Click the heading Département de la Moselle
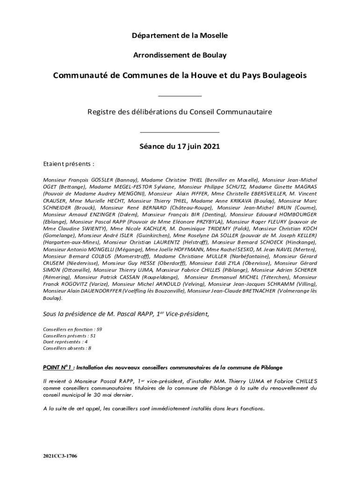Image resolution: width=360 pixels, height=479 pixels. click(180, 35)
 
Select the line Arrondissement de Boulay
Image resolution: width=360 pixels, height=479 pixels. click(180, 55)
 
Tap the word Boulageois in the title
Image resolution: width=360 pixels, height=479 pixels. click(285, 76)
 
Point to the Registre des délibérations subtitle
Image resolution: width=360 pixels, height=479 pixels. click(180, 112)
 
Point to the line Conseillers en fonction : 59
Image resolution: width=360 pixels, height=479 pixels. click(72, 329)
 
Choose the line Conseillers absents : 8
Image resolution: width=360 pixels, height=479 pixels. click(67, 348)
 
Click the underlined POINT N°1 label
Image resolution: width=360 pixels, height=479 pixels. click(58, 367)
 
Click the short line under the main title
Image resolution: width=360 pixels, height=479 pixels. click(180, 96)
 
